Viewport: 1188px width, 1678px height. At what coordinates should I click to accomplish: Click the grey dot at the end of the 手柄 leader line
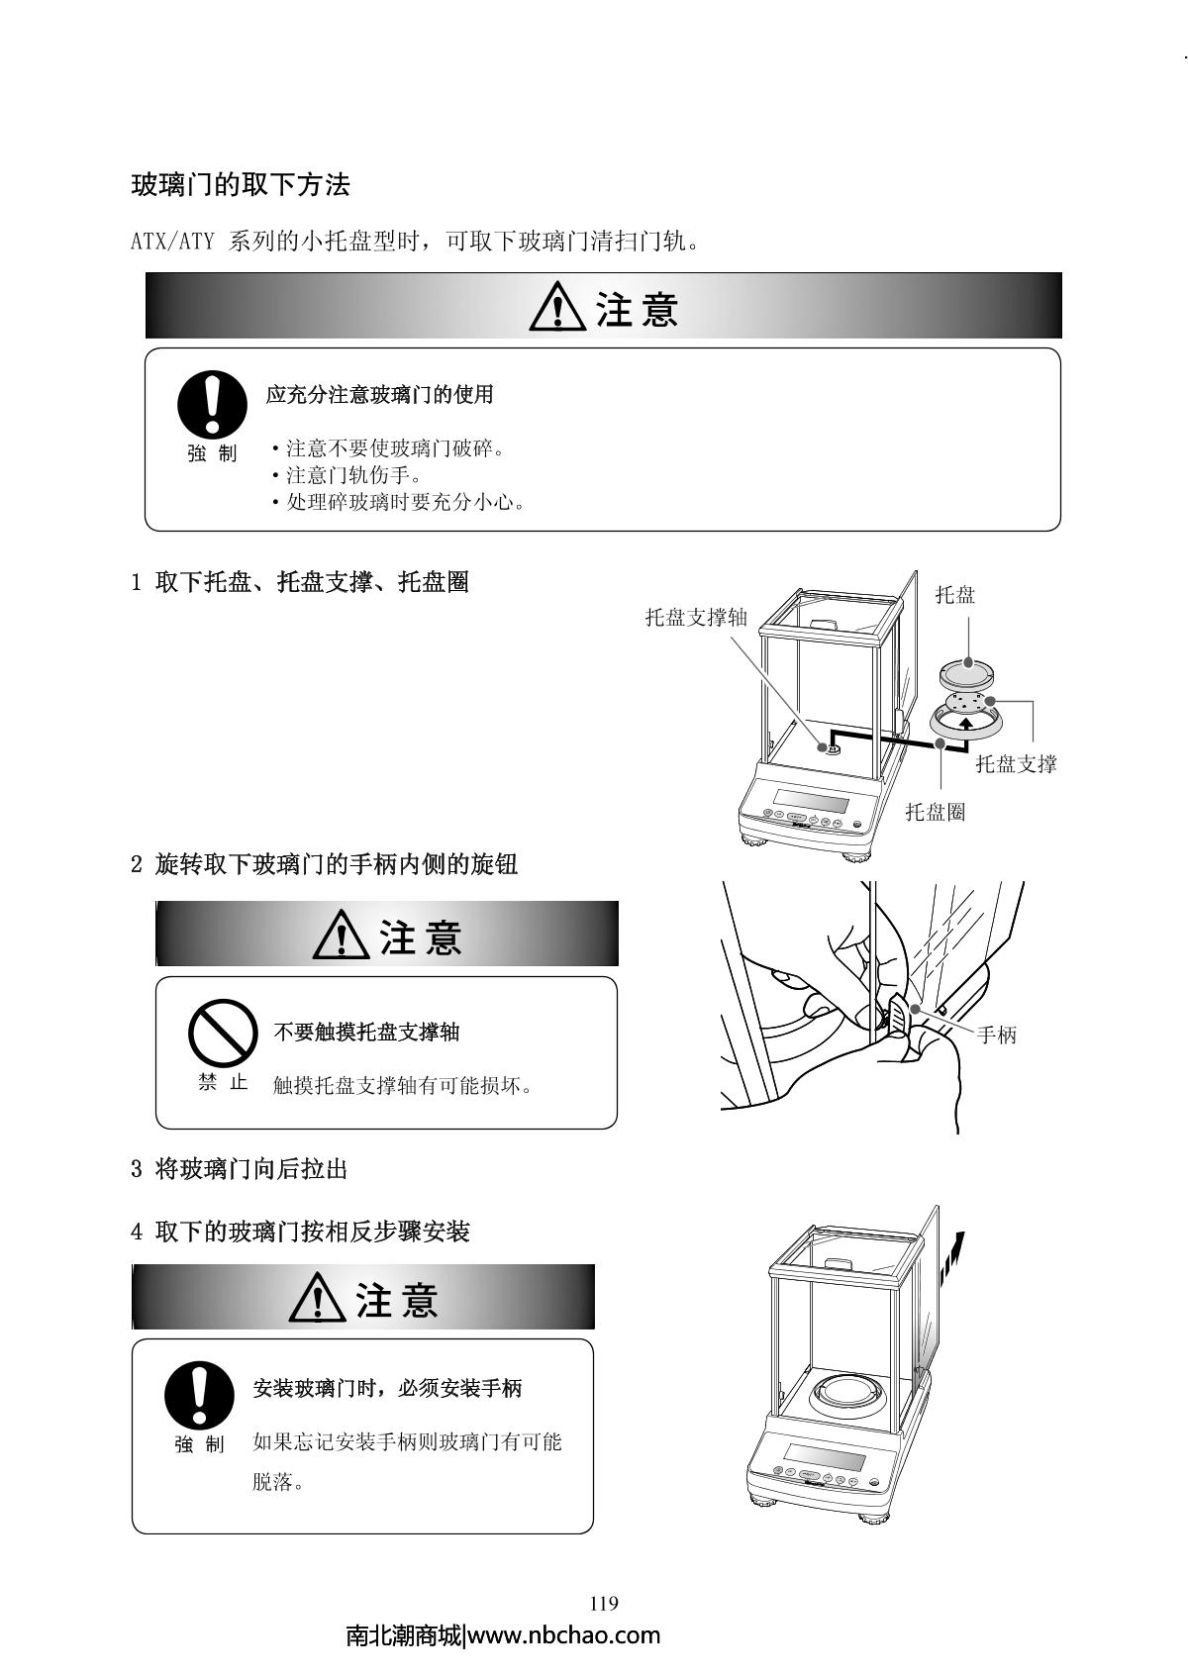(915, 1009)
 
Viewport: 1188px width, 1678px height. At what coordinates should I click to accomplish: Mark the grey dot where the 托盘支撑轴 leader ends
(824, 746)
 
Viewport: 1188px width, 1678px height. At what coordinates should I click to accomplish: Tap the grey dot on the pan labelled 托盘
(968, 662)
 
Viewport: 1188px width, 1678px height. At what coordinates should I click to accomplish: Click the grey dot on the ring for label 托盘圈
(940, 743)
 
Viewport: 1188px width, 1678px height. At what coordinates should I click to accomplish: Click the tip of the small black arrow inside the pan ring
(966, 719)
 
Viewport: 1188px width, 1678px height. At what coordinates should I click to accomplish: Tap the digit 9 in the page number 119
(614, 1603)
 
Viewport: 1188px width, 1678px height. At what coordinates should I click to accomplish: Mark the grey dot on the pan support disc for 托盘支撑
(990, 701)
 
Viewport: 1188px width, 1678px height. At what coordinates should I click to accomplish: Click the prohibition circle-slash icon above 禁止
(223, 1033)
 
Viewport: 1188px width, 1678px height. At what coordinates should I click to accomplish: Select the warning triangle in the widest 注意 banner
(557, 306)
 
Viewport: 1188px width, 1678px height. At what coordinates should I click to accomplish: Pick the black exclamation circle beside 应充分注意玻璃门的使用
(212, 405)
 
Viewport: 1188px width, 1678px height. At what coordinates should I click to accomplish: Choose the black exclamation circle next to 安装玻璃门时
(199, 1395)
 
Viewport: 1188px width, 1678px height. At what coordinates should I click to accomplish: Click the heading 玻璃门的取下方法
(241, 184)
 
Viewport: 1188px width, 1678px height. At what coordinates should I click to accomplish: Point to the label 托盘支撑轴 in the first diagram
(697, 617)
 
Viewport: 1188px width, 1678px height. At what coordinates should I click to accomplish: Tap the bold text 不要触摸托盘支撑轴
(366, 1032)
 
